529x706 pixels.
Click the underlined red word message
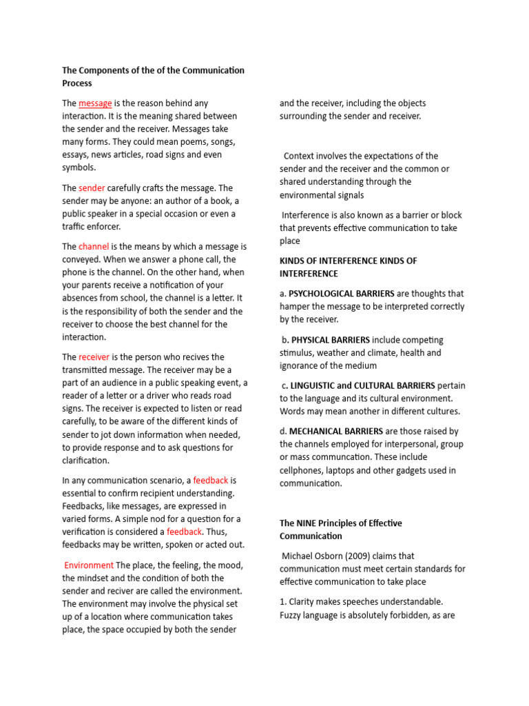95,103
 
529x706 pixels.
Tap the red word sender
92,188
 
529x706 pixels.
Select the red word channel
94,246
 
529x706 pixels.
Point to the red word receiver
94,356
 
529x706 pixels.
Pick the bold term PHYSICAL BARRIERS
331,339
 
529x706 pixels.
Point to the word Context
299,156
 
